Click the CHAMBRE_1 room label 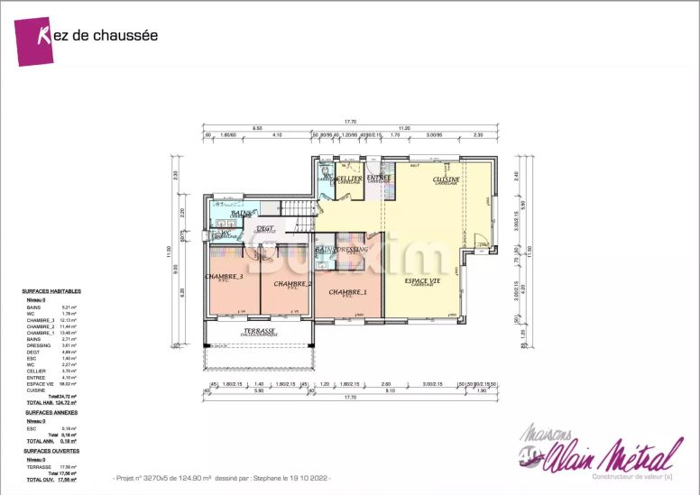tap(347, 292)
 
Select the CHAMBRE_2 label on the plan tap(292, 284)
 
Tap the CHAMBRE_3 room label tap(224, 277)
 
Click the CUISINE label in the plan tap(446, 179)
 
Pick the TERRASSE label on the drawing tap(259, 331)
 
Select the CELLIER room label tap(350, 179)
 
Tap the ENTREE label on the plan tap(379, 178)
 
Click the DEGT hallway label tap(265, 229)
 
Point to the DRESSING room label tap(352, 249)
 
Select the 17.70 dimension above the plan tap(350, 122)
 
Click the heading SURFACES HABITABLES tap(51, 292)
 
